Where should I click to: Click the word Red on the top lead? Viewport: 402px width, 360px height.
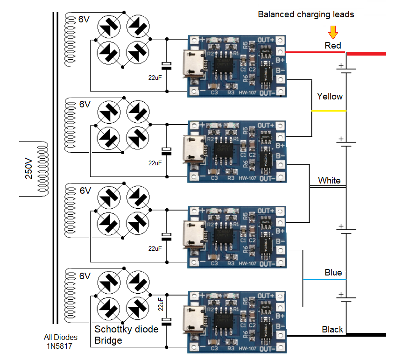coord(333,45)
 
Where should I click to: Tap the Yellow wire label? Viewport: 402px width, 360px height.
coord(330,97)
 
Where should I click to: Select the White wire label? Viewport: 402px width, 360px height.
coord(329,180)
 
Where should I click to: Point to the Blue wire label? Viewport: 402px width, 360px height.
coord(333,272)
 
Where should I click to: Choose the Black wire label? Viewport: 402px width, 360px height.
coord(332,329)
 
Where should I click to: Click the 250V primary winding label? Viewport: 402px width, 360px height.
coord(28,170)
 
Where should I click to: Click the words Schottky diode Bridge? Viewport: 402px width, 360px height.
coord(126,334)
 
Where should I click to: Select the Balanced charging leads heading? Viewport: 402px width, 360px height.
coord(306,14)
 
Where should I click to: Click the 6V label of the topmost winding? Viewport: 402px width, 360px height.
coord(84,20)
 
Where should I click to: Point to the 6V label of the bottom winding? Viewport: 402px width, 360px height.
coord(85,276)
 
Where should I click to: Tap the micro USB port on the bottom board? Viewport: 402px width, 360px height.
coord(192,321)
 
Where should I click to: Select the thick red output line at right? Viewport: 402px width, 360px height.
coord(367,54)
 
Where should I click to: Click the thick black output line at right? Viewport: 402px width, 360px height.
coord(367,334)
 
